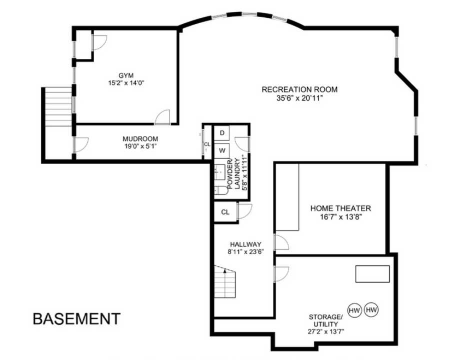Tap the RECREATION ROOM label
click(x=299, y=89)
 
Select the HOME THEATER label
click(x=340, y=208)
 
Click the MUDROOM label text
click(x=140, y=139)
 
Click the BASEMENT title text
click(x=76, y=318)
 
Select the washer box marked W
click(x=222, y=149)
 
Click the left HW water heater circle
click(x=354, y=310)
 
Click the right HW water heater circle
click(x=371, y=310)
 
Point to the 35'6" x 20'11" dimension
click(x=299, y=98)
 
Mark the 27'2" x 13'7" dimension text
click(x=326, y=331)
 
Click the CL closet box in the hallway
click(x=225, y=212)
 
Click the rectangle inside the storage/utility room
click(x=372, y=273)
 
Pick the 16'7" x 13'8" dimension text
click(x=340, y=217)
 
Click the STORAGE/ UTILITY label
click(x=326, y=320)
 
